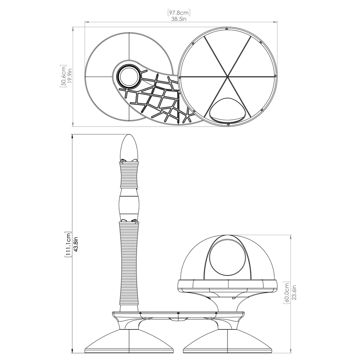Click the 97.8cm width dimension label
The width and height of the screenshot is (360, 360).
[x=179, y=12]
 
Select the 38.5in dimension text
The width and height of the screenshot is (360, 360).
[x=179, y=19]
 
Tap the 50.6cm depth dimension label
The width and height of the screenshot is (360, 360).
[x=63, y=76]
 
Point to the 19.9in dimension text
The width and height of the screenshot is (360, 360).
[x=70, y=76]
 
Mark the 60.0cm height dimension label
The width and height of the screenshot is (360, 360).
[x=287, y=293]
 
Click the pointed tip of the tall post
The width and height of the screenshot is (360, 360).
[x=129, y=135]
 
